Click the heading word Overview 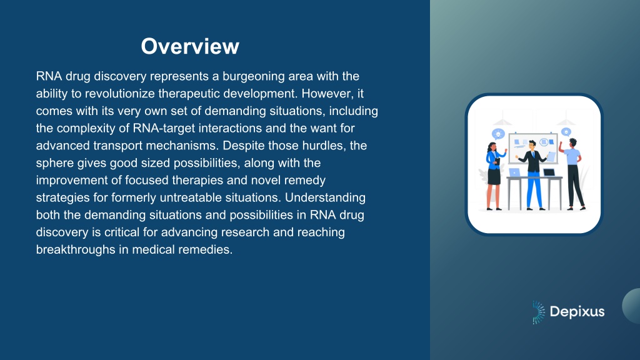click(190, 46)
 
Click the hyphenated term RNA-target click(164, 128)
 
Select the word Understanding click(325, 197)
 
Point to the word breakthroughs click(76, 249)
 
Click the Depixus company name click(577, 312)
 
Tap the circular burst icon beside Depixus click(538, 312)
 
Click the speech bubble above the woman click(498, 134)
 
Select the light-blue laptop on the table click(514, 172)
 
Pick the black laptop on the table click(549, 172)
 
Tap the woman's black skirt click(494, 176)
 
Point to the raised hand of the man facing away click(561, 144)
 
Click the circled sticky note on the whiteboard click(544, 142)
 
